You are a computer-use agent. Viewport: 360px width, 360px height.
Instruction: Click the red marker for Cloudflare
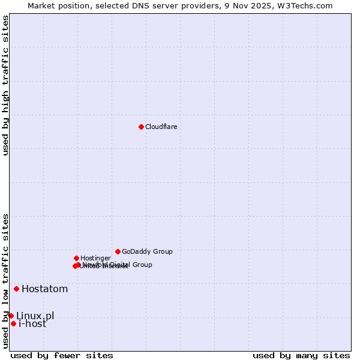[141, 127]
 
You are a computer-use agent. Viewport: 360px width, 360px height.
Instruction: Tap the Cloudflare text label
[161, 127]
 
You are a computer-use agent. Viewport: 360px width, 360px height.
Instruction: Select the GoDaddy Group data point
[118, 251]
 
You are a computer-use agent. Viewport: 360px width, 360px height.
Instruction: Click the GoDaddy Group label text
[147, 252]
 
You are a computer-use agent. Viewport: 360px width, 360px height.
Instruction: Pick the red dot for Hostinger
[76, 258]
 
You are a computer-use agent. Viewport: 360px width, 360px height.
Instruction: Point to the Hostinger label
[95, 258]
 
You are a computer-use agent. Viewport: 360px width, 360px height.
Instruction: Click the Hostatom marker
[16, 289]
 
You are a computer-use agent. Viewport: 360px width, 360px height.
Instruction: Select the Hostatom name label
[44, 289]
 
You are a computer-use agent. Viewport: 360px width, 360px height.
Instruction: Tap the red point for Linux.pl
[11, 316]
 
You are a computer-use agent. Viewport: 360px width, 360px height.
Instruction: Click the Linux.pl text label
[35, 316]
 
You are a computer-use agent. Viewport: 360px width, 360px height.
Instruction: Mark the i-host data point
[13, 323]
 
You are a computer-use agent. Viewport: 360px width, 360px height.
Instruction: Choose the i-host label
[32, 324]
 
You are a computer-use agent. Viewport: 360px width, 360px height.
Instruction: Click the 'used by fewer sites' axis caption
[62, 355]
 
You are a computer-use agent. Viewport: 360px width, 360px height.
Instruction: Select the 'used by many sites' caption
[301, 355]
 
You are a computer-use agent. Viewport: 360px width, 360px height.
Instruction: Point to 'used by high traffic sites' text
[5, 85]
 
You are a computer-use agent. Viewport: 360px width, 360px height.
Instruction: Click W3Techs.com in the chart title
[308, 5]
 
